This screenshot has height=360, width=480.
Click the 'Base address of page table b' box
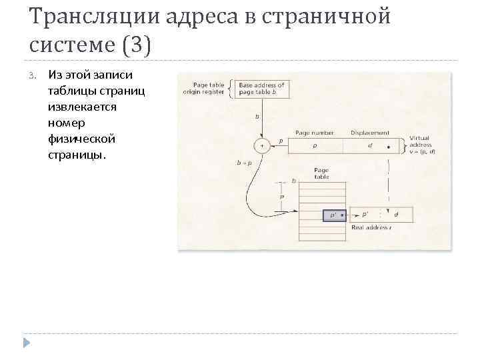tap(261, 89)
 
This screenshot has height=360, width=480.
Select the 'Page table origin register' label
tap(204, 89)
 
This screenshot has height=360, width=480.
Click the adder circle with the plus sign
tap(262, 145)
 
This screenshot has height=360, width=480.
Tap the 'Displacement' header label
tap(371, 133)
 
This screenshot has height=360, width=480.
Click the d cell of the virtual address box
tap(371, 145)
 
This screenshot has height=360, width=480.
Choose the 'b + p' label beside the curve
tap(245, 162)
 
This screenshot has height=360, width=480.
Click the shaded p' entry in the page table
tap(333, 215)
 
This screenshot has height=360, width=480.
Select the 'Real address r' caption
tap(371, 228)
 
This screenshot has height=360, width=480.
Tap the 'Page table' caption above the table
tap(321, 173)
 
